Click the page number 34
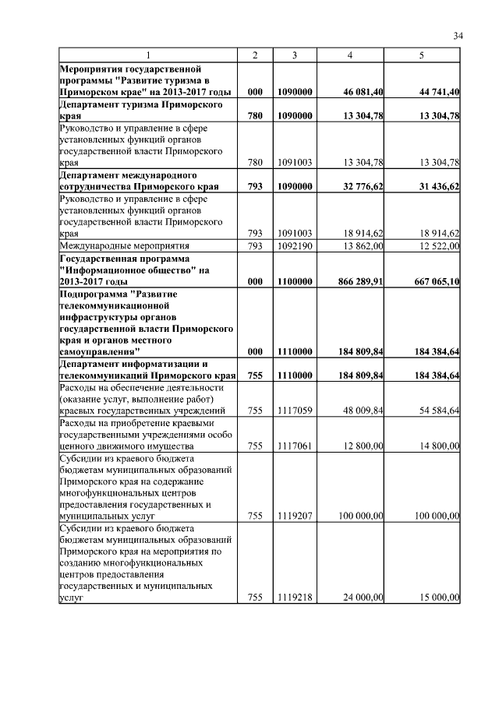(458, 35)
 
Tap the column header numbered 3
(295, 55)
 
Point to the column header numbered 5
(422, 55)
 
